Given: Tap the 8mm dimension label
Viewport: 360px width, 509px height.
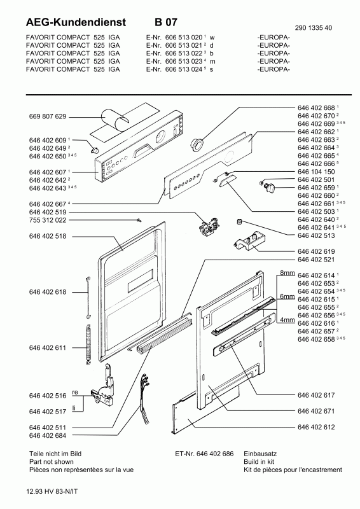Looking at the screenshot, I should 287,272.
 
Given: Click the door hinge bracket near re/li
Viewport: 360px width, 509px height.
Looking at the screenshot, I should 105,386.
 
